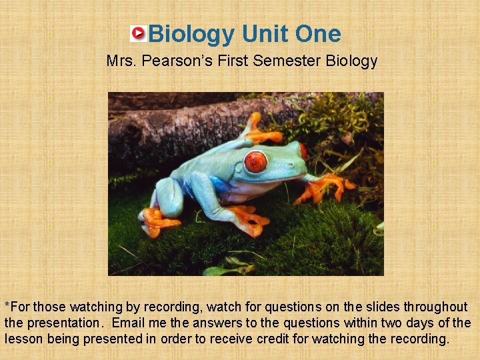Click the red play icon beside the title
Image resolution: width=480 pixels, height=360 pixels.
pyautogui.click(x=138, y=33)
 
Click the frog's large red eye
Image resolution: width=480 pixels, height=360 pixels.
pyautogui.click(x=255, y=161)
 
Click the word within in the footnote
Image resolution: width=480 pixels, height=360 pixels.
pyautogui.click(x=360, y=323)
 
